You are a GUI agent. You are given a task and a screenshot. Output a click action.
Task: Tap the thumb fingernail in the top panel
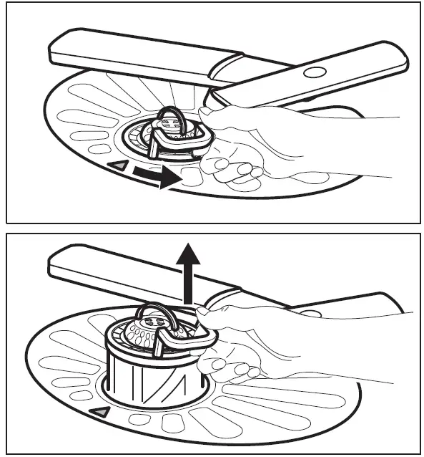tap(207, 110)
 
